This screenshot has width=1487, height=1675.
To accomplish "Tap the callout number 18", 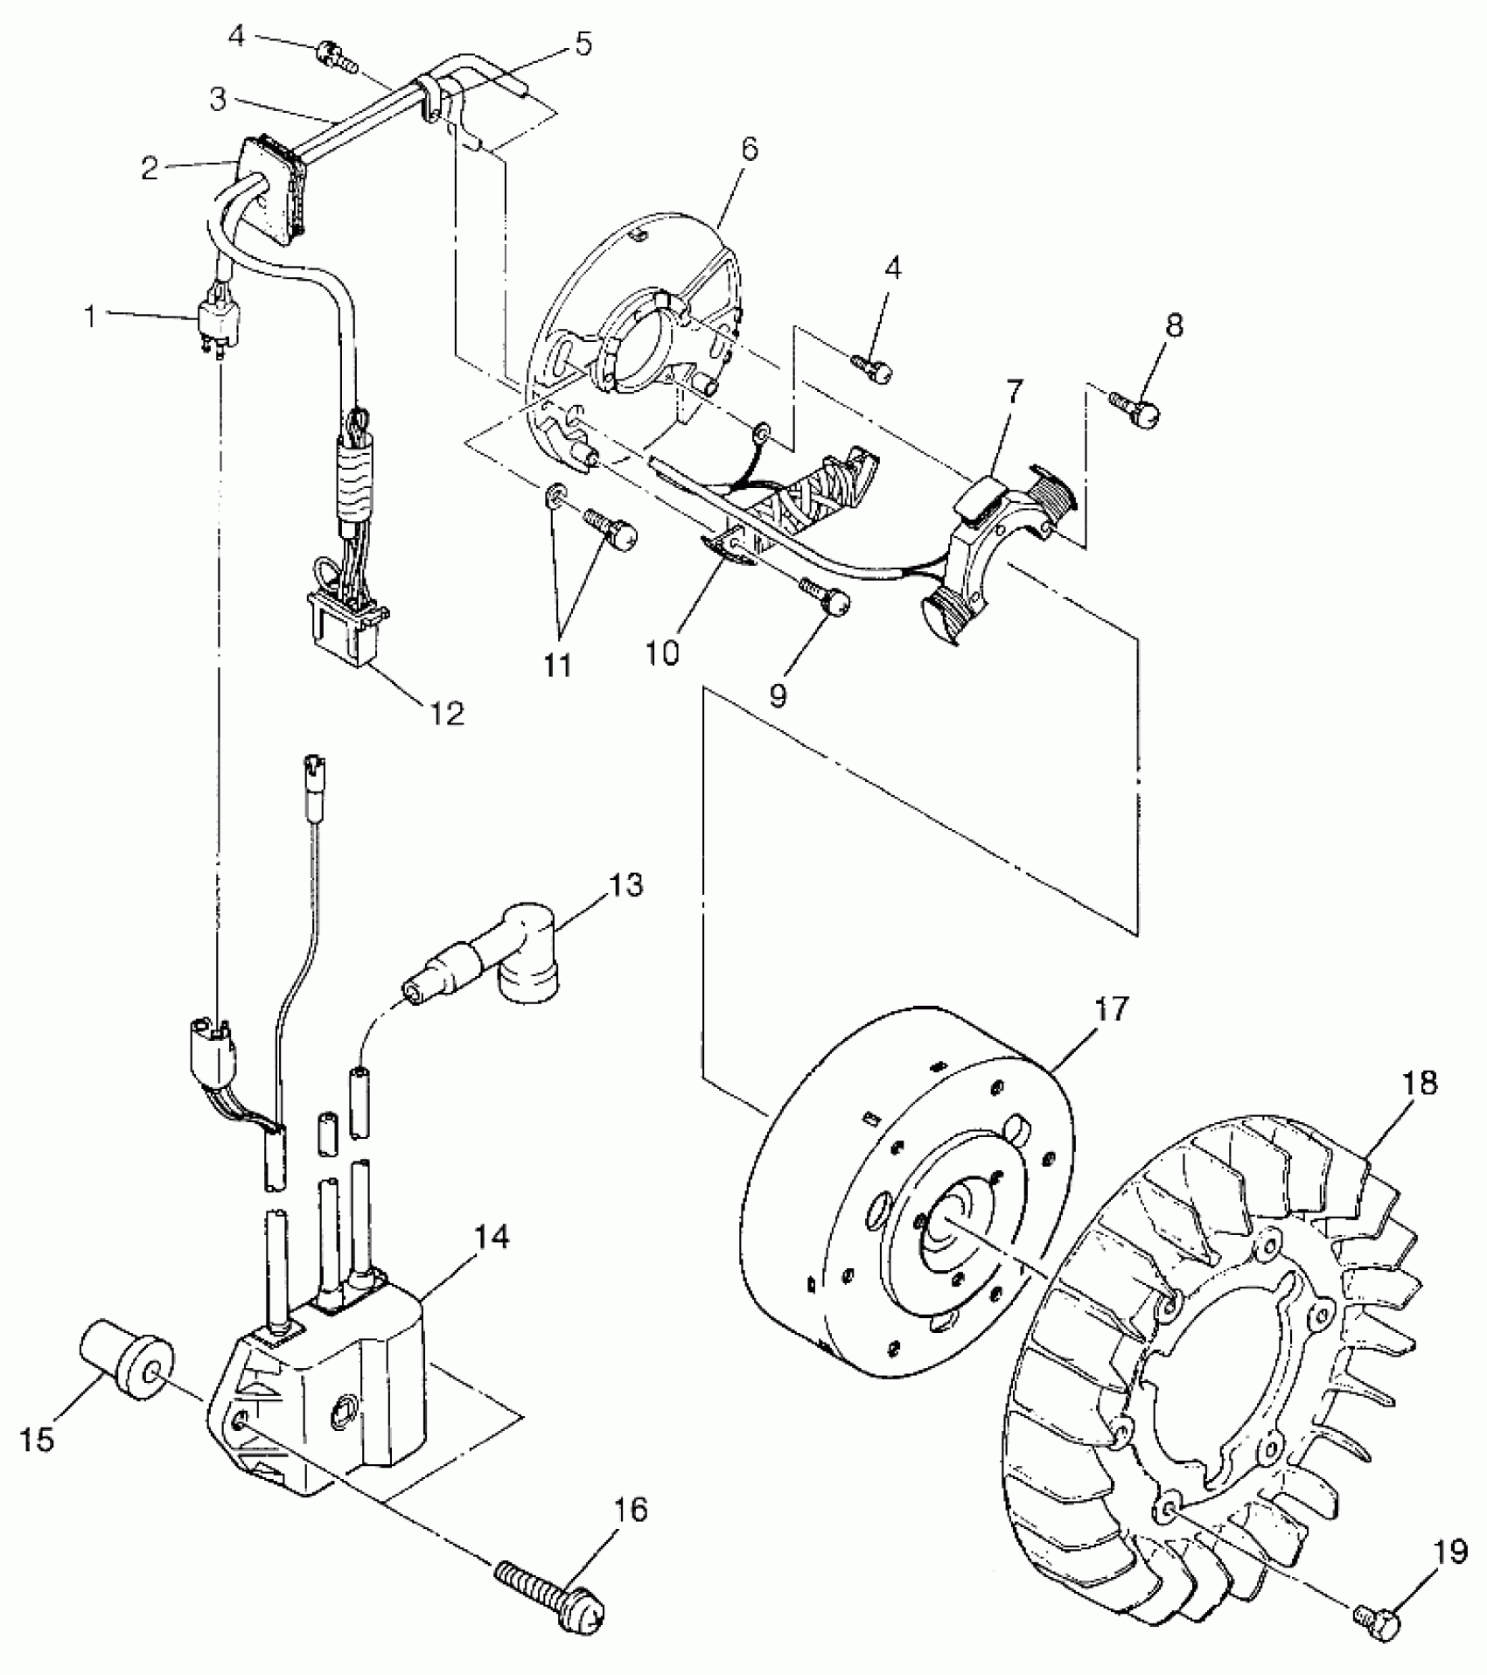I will tap(1419, 1083).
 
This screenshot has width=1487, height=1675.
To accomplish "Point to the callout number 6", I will tap(749, 149).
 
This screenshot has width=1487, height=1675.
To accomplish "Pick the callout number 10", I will tap(663, 653).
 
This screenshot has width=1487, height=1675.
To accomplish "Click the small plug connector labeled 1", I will tap(220, 325).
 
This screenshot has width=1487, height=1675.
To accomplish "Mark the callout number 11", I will tap(557, 665).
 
